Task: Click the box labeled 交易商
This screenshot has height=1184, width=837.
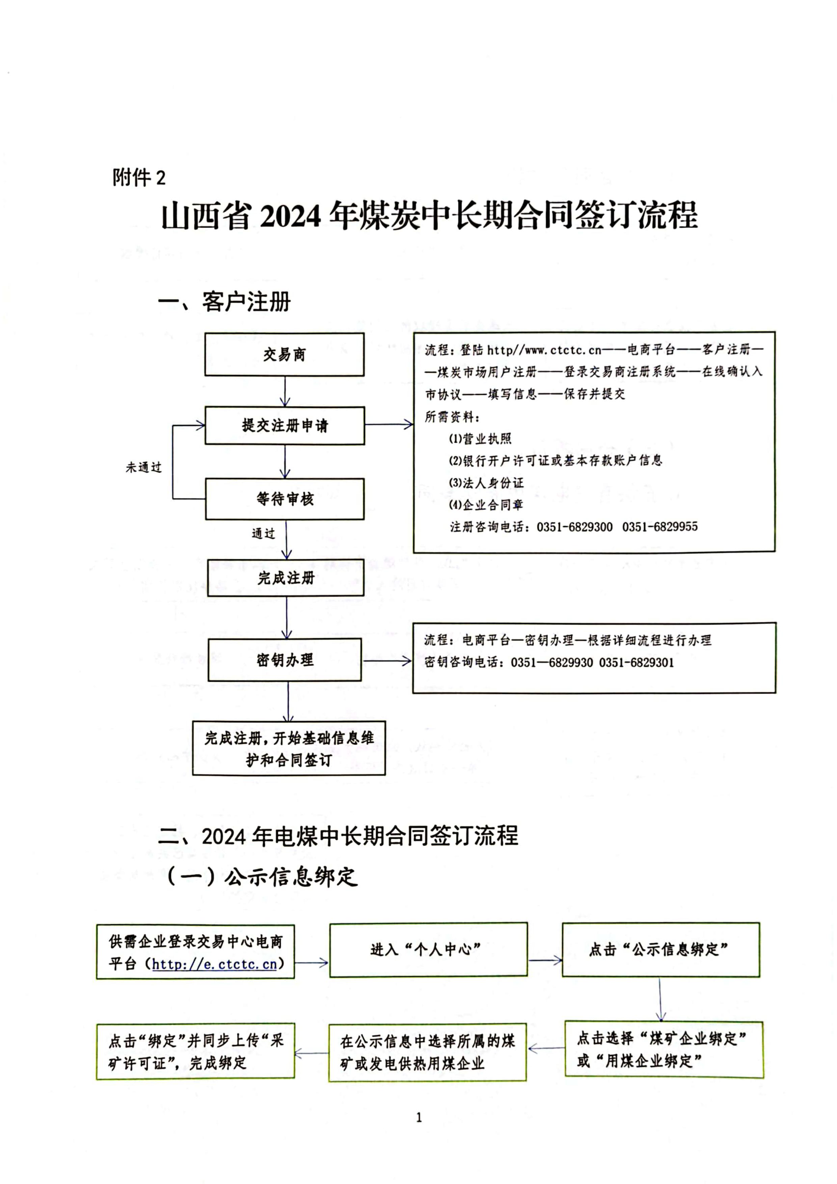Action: click(x=284, y=354)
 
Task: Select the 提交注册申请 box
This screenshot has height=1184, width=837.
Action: click(x=285, y=425)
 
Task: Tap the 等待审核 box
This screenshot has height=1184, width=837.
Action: click(x=285, y=499)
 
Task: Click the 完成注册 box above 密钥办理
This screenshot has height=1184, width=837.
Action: click(x=286, y=578)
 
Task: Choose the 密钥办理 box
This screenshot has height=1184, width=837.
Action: click(x=285, y=660)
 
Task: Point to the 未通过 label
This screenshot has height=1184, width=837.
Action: click(x=144, y=467)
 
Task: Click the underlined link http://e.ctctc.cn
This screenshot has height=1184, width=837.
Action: click(x=215, y=964)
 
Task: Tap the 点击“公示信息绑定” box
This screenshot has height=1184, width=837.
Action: click(x=660, y=949)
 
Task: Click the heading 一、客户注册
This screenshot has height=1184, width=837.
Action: click(x=224, y=302)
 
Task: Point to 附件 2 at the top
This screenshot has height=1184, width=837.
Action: click(x=139, y=177)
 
